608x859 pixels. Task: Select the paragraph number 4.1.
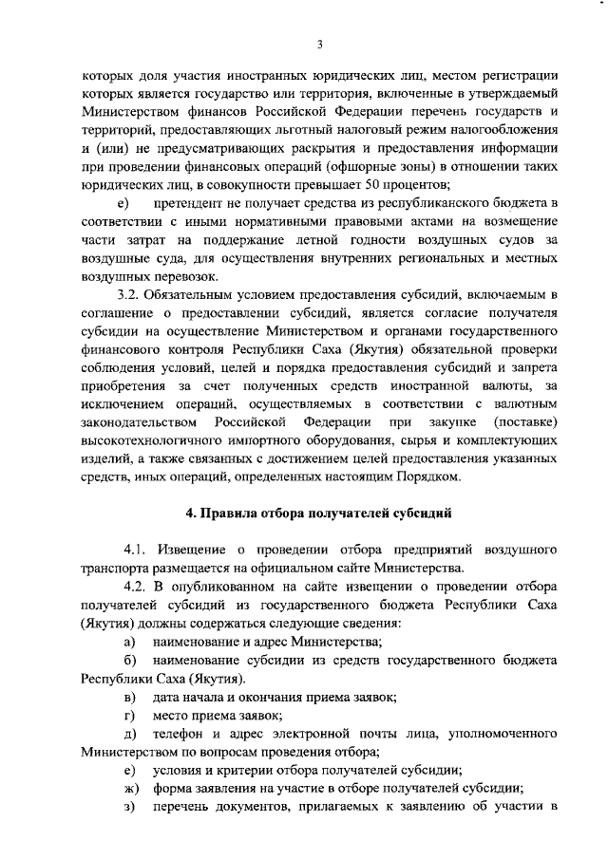click(x=139, y=550)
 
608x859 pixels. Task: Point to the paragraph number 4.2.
click(x=139, y=587)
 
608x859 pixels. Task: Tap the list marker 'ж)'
click(x=130, y=789)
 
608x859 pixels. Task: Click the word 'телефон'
click(x=181, y=734)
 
